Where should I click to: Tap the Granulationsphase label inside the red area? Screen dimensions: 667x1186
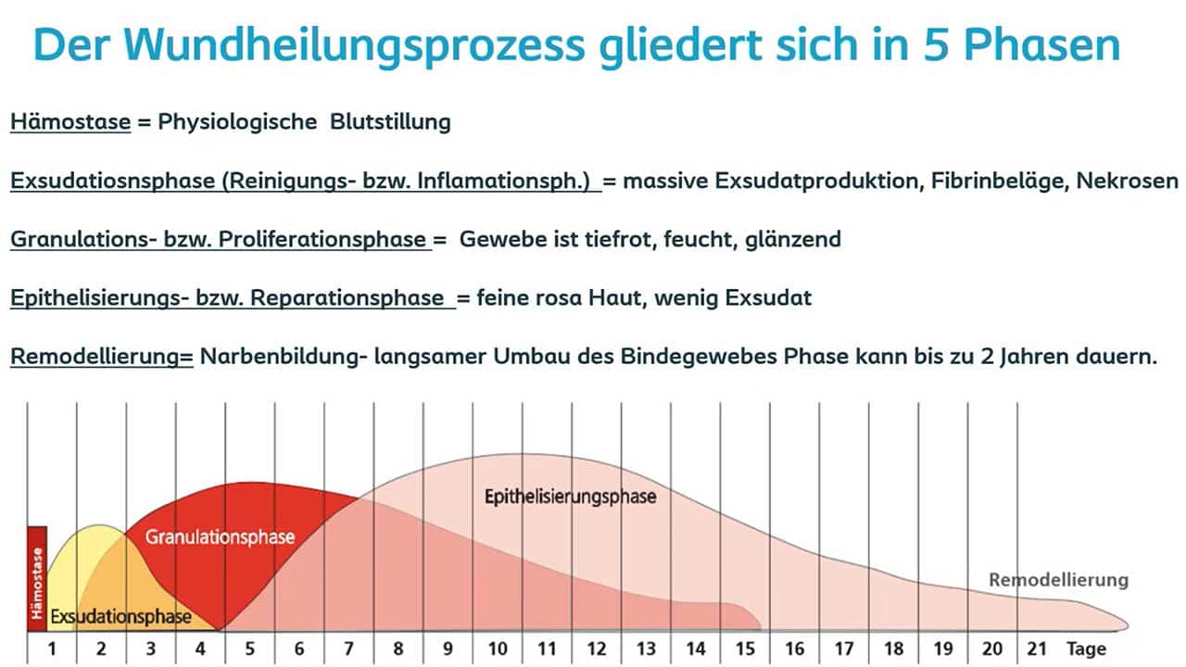pyautogui.click(x=220, y=537)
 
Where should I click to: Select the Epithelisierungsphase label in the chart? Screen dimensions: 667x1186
pyautogui.click(x=570, y=497)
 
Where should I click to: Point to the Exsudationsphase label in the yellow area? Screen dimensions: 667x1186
pyautogui.click(x=120, y=616)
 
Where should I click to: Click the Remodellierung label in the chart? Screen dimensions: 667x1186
pyautogui.click(x=1058, y=581)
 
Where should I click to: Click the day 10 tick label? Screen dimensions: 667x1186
pyautogui.click(x=498, y=648)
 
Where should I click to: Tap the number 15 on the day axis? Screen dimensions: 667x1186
pyautogui.click(x=745, y=648)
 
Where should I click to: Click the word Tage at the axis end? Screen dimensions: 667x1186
pyautogui.click(x=1086, y=648)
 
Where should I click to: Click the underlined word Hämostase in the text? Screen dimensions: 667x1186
pyautogui.click(x=70, y=122)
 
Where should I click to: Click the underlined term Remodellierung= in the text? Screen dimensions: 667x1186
pyautogui.click(x=101, y=357)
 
